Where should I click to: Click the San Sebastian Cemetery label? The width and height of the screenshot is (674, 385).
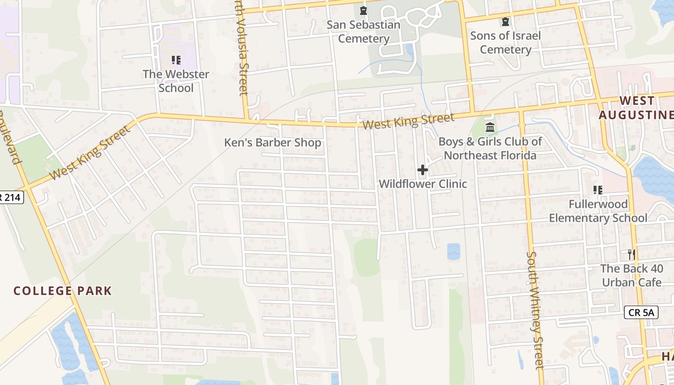pyautogui.click(x=363, y=32)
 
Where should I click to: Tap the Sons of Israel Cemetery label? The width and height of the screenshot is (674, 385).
pyautogui.click(x=505, y=42)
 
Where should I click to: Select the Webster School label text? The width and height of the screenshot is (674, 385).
pyautogui.click(x=176, y=81)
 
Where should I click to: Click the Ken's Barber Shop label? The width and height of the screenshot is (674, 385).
pyautogui.click(x=272, y=142)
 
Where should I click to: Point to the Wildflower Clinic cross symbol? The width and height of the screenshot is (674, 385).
pyautogui.click(x=423, y=170)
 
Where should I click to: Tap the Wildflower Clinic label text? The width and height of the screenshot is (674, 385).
pyautogui.click(x=423, y=184)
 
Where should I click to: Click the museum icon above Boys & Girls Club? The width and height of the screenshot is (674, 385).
pyautogui.click(x=490, y=128)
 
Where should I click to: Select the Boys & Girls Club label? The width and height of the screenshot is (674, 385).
pyautogui.click(x=490, y=148)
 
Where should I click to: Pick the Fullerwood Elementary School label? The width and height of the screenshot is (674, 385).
pyautogui.click(x=598, y=211)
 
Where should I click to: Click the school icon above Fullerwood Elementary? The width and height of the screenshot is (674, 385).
pyautogui.click(x=598, y=190)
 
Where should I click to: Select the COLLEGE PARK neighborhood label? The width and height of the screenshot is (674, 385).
pyautogui.click(x=63, y=291)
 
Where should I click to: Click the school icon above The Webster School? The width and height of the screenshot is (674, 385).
pyautogui.click(x=176, y=60)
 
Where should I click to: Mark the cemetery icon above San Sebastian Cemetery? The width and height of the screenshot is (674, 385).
pyautogui.click(x=363, y=10)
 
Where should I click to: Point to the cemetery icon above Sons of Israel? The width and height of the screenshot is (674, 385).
pyautogui.click(x=505, y=22)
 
